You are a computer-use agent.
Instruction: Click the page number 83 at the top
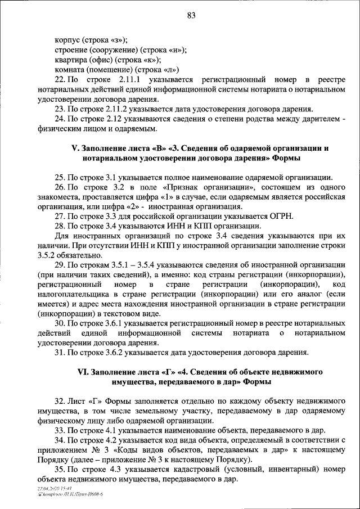[x=191, y=15]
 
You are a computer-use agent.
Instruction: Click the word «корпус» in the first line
[x=67, y=39]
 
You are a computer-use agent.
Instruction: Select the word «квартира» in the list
[x=70, y=60]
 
